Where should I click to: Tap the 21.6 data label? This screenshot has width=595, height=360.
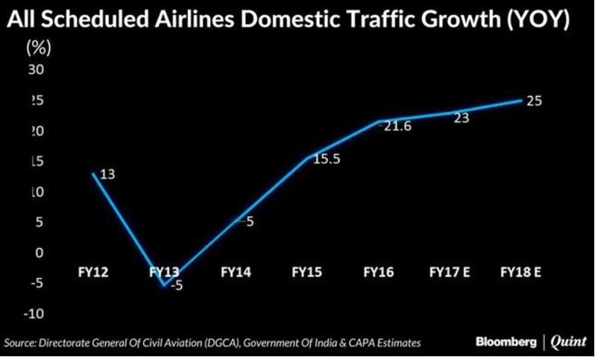coord(397,127)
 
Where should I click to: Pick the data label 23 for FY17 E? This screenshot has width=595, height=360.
coord(461,117)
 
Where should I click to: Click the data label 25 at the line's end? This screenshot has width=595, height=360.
coord(534,101)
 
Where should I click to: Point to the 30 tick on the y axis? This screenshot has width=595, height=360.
coord(36,70)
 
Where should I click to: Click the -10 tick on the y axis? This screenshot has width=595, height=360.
coord(34,314)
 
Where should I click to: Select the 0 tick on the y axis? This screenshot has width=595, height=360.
coord(40,253)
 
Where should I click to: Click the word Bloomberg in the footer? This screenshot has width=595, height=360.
coord(506,342)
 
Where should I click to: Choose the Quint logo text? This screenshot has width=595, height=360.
coord(568,342)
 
